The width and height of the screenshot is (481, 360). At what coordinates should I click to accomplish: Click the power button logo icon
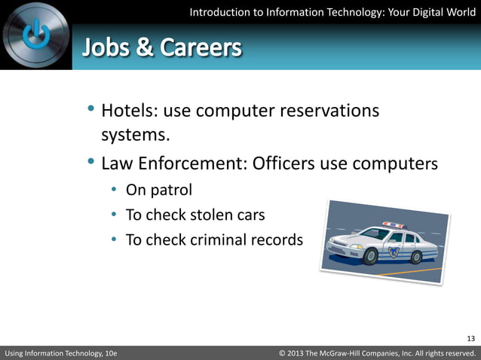tap(35, 34)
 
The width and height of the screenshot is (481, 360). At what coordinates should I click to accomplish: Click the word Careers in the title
tap(202, 48)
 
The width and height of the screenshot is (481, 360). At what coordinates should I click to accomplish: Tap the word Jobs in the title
tap(105, 48)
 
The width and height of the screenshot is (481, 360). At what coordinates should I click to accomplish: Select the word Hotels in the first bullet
tap(127, 111)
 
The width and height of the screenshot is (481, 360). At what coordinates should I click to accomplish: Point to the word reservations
tap(329, 111)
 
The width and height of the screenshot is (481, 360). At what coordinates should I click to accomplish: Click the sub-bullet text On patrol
tap(158, 190)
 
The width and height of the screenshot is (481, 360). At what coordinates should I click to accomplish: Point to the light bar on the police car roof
tap(394, 224)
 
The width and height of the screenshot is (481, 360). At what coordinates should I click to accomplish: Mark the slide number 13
tap(471, 337)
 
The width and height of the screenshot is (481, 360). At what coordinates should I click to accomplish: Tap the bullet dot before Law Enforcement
tap(91, 161)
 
